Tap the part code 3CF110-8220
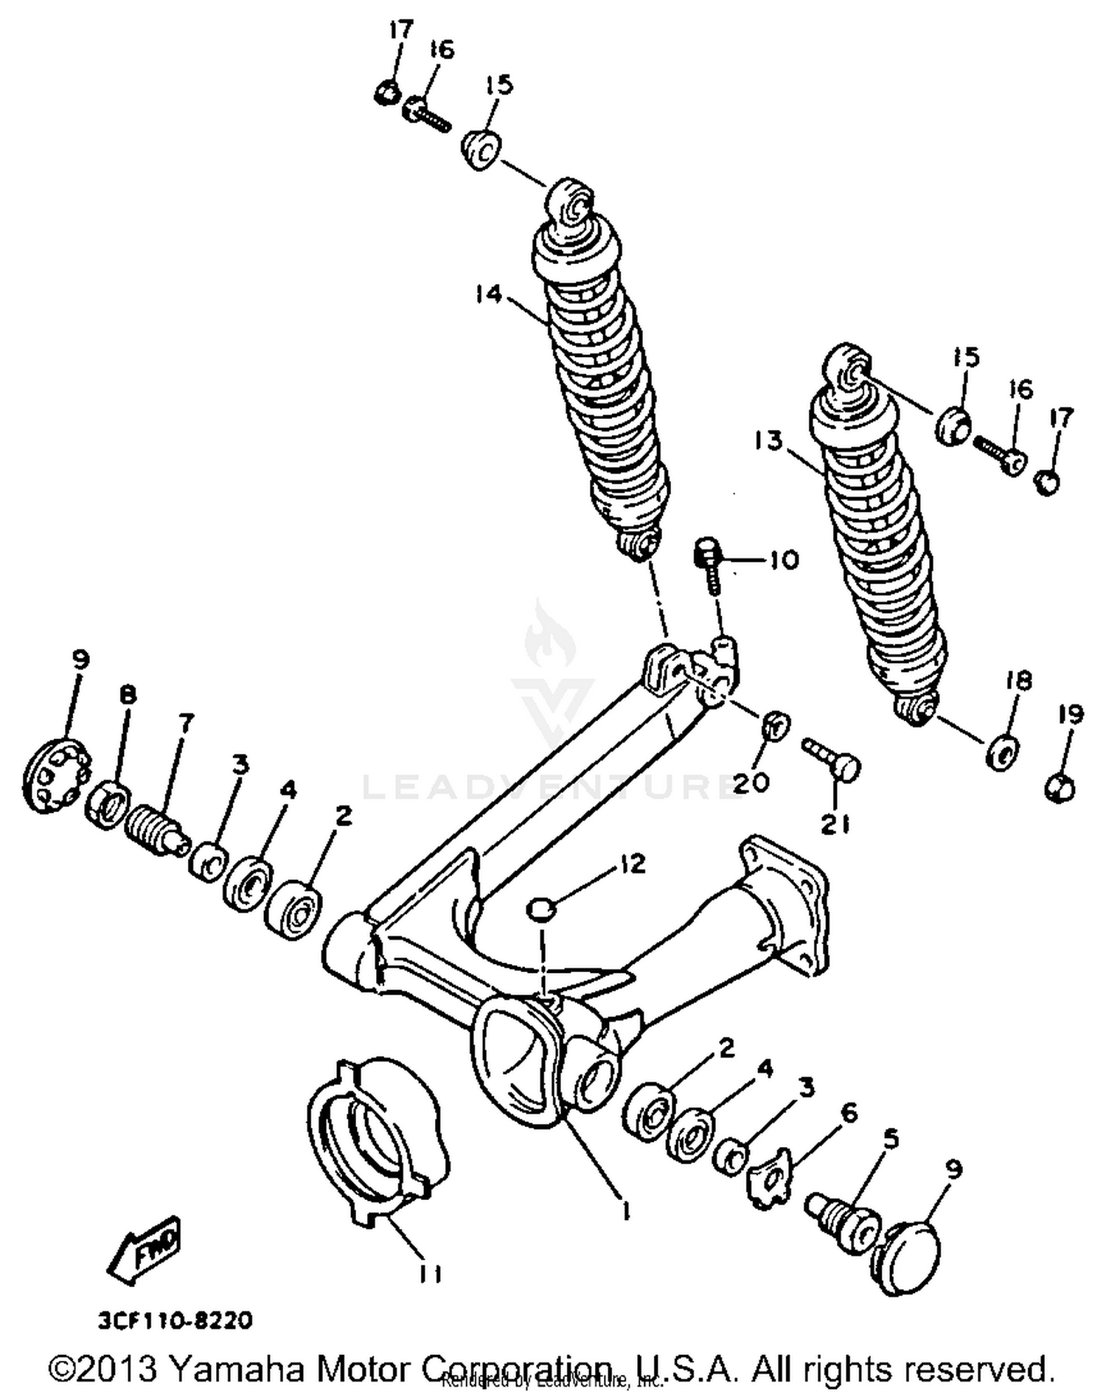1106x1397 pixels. (x=175, y=1320)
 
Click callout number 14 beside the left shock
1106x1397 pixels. (x=488, y=294)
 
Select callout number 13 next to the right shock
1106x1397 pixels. (x=768, y=441)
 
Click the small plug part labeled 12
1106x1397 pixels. (x=540, y=908)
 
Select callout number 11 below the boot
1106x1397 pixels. (x=430, y=1273)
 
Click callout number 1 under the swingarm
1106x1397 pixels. (x=625, y=1210)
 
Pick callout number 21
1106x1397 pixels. (x=836, y=825)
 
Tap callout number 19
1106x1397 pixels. (x=1071, y=714)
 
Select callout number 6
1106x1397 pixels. (x=849, y=1113)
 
